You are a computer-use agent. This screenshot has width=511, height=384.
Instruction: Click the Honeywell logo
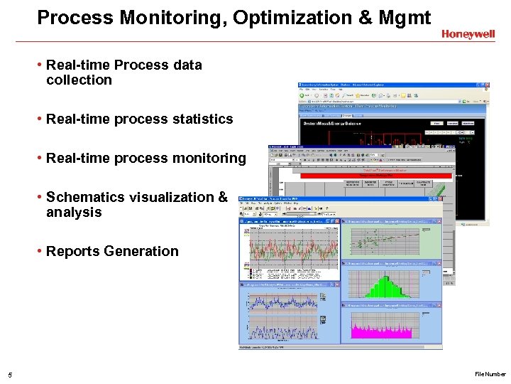[x=468, y=33]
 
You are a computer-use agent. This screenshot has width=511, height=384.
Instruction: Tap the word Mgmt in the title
[x=405, y=18]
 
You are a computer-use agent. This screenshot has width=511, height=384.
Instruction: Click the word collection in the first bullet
[x=79, y=80]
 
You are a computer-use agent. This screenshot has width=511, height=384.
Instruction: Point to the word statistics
[x=202, y=119]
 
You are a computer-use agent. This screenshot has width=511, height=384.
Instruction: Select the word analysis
[x=74, y=213]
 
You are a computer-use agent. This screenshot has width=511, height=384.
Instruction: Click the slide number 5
[x=9, y=375]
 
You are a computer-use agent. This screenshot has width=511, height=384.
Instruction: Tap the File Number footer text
[x=490, y=374]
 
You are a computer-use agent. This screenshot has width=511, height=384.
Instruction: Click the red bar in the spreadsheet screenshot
[x=376, y=174]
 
